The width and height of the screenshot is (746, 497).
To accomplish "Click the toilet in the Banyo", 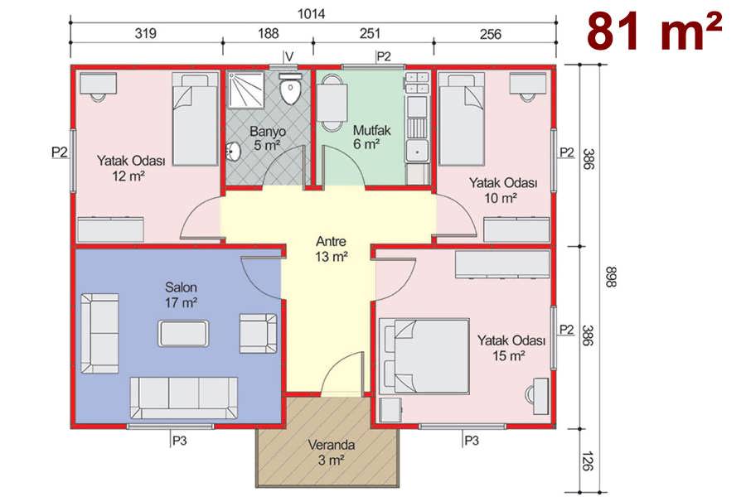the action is point(289,88).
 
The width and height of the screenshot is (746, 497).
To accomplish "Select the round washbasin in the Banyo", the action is point(234,152).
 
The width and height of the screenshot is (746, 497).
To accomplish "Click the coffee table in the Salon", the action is point(183,333).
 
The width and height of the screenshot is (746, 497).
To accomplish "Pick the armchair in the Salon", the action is point(258,333).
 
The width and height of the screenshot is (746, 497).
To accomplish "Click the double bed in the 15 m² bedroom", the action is point(425,355).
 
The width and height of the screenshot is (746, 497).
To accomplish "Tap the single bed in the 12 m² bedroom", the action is point(195,119).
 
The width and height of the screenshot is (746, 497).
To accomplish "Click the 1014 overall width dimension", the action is point(311,14).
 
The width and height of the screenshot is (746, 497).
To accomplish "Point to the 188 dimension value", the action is point(269,33).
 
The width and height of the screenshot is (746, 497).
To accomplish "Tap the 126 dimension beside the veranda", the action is point(588,461).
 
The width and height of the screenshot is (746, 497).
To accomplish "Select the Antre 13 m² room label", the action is point(331,248).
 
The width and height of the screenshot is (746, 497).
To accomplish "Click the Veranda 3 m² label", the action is point(331,452).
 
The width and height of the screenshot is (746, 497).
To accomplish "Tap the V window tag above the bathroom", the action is point(289,56).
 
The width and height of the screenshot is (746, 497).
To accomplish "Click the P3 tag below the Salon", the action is point(179,441).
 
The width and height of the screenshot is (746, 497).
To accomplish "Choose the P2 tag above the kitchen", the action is point(384,56).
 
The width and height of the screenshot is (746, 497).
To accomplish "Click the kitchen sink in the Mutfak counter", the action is point(417,151).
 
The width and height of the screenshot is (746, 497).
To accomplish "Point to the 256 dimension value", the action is point(491,34).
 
